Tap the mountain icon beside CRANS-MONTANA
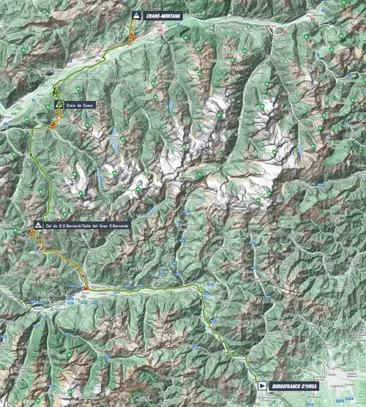point(136,15)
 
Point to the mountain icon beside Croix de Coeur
point(60,105)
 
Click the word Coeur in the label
point(87,105)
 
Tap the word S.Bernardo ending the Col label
point(116,225)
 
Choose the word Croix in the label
point(70,105)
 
